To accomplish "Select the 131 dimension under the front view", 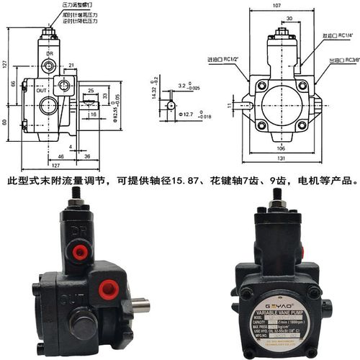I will (282, 161).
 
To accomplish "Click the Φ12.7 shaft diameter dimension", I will (186, 113).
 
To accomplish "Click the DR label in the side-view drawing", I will (49, 53).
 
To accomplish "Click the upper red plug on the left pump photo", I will (78, 250).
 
